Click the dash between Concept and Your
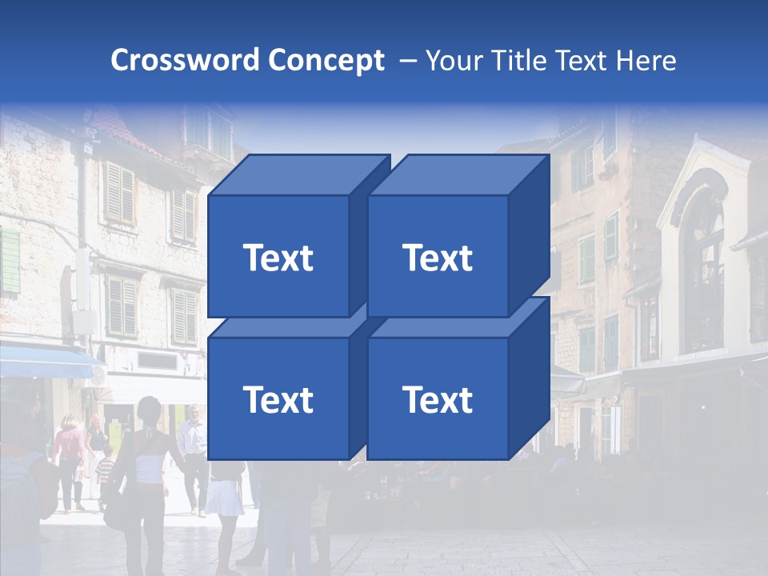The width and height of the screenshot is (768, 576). tap(406, 61)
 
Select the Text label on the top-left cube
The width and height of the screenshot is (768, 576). tap(278, 258)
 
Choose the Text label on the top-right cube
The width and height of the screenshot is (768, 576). tap(437, 258)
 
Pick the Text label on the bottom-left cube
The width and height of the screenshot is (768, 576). tap(278, 399)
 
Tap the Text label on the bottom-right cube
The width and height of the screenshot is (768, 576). tap(437, 399)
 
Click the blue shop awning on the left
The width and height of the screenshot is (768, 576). tap(44, 362)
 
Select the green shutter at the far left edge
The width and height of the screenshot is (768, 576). tap(9, 261)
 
